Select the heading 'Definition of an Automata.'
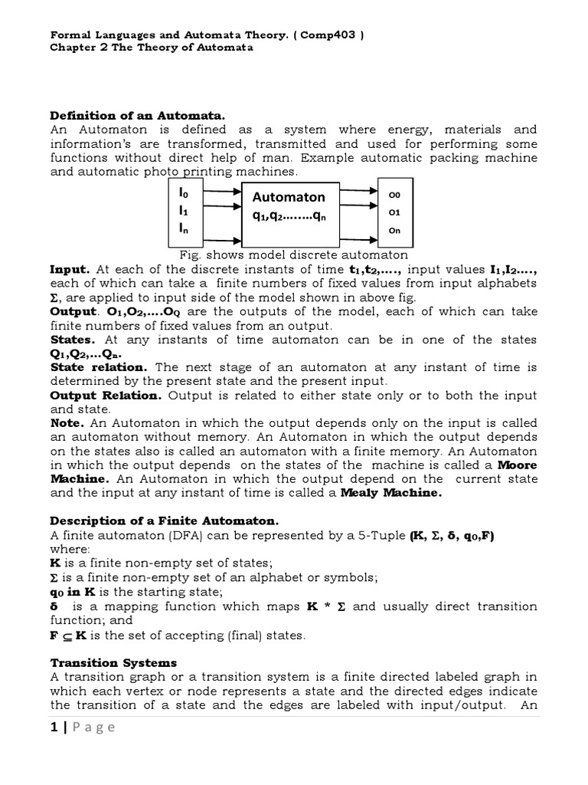(x=138, y=115)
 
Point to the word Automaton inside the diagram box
(x=289, y=197)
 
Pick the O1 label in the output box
(x=395, y=212)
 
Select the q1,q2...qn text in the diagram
(x=289, y=215)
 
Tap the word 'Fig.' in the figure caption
(x=189, y=255)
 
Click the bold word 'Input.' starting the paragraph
(x=70, y=270)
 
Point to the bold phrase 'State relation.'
(x=99, y=367)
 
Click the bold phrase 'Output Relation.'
(x=106, y=396)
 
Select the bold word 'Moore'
(x=518, y=465)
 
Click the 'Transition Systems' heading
(x=113, y=662)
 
